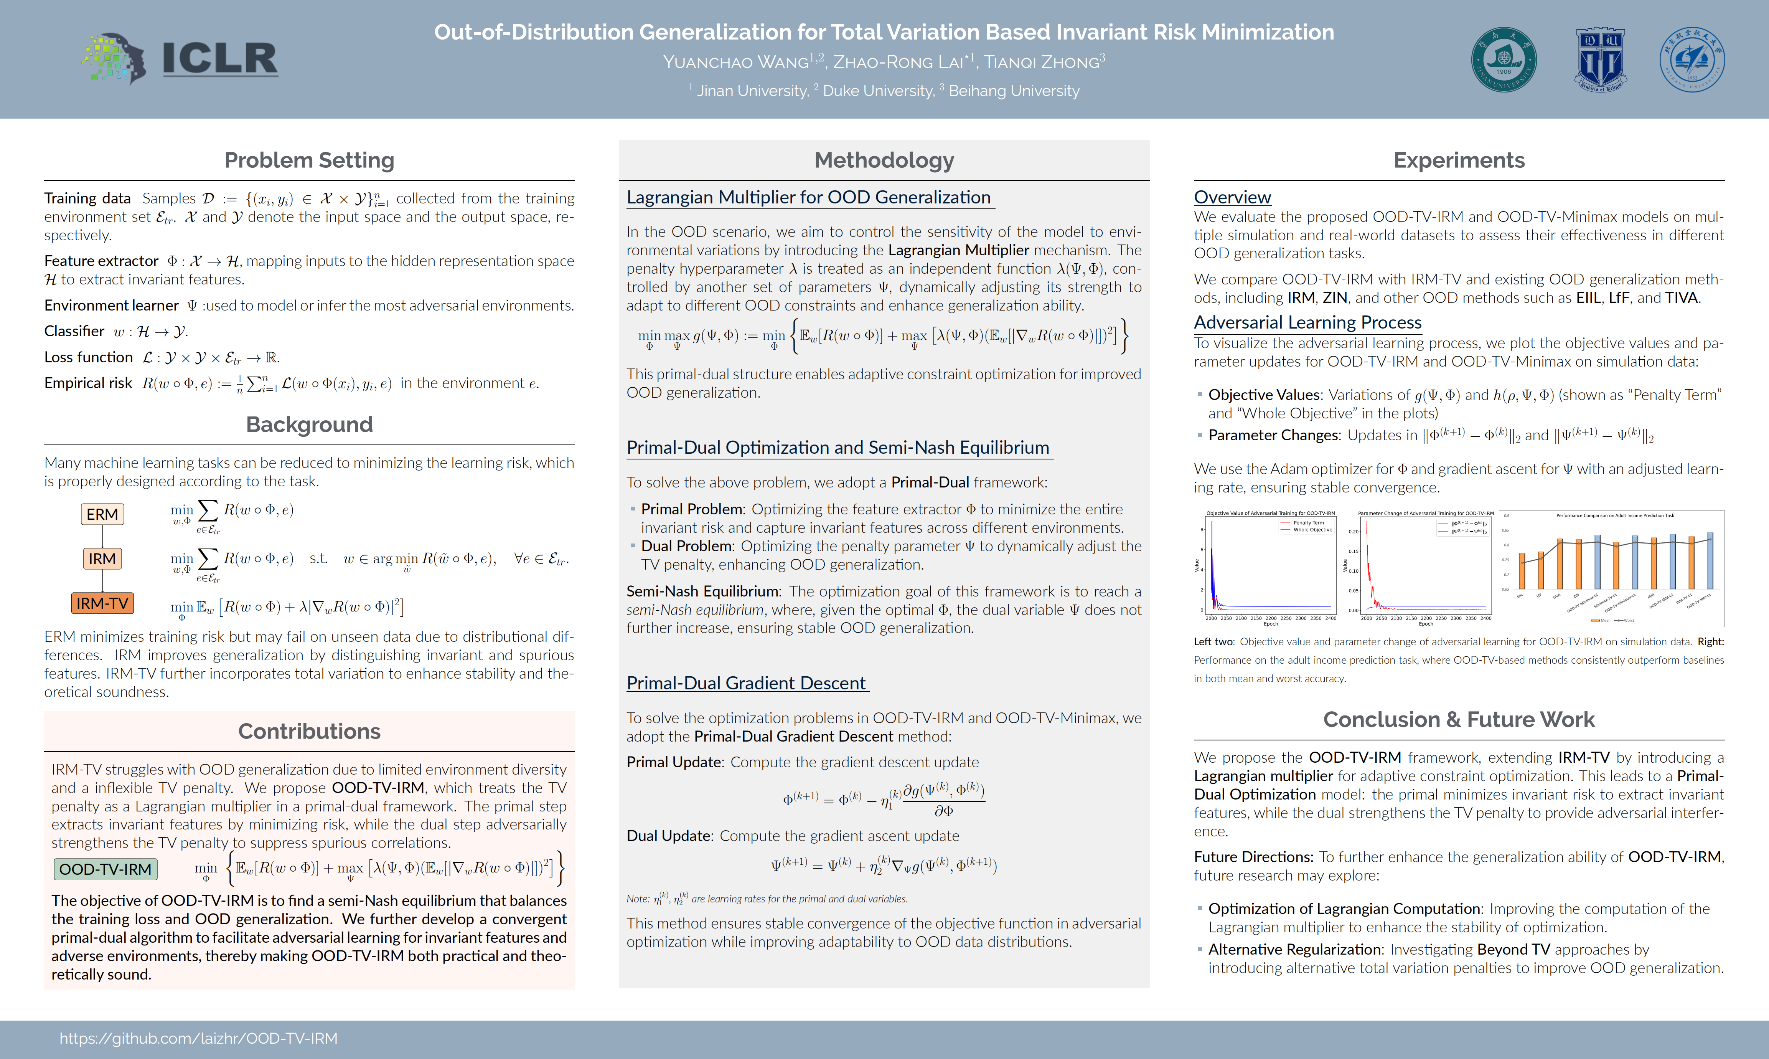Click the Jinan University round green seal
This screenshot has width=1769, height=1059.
click(1504, 60)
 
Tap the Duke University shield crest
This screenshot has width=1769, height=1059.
click(1600, 60)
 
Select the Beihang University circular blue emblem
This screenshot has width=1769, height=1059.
click(1692, 60)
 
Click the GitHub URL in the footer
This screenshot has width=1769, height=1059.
click(198, 1038)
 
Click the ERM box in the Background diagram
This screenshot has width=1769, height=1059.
click(102, 514)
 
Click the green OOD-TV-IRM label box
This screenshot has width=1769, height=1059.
click(106, 869)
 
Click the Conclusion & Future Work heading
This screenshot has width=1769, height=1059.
click(1459, 719)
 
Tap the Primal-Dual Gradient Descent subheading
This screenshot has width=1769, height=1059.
click(746, 683)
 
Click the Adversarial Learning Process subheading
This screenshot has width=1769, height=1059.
click(1307, 322)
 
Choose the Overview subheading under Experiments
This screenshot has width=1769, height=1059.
click(1232, 197)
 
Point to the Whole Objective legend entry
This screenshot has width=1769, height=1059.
click(1312, 530)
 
